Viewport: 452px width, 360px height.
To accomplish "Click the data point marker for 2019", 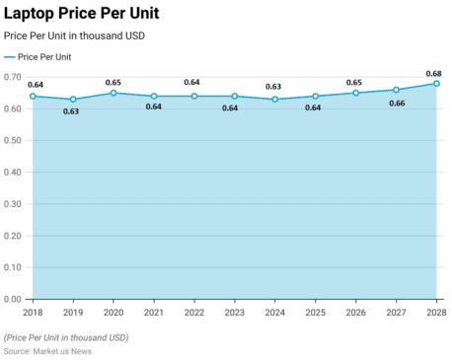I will coord(72,100).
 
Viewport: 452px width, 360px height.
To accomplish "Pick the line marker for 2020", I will coord(113,93).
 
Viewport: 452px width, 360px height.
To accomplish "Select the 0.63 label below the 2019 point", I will coord(71,111).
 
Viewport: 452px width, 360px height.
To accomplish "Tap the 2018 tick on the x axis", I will coord(33,313).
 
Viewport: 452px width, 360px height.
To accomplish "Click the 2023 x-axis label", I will coord(234,313).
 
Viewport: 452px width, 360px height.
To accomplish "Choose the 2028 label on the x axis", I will coord(434,313).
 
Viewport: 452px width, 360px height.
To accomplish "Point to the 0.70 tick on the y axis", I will coord(13,77).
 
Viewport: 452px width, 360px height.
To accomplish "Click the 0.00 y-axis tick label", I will coord(13,299).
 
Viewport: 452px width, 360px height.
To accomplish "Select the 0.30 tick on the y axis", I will coord(13,204).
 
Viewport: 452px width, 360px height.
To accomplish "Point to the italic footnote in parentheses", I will coord(66,337).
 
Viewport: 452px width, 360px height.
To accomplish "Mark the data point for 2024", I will coord(274,100).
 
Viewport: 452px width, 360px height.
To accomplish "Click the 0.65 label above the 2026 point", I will coord(354,82).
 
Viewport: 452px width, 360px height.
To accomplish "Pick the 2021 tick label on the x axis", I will coord(153,313).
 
